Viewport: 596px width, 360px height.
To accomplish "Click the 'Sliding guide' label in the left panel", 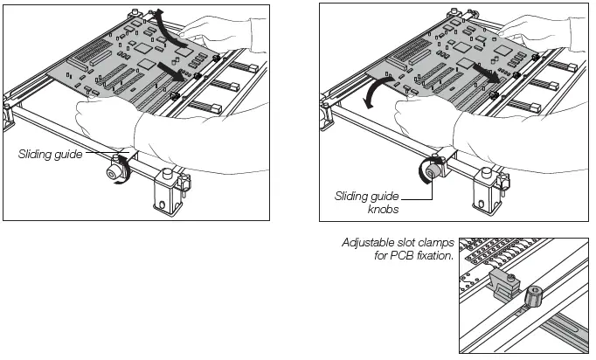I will (51, 155).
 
